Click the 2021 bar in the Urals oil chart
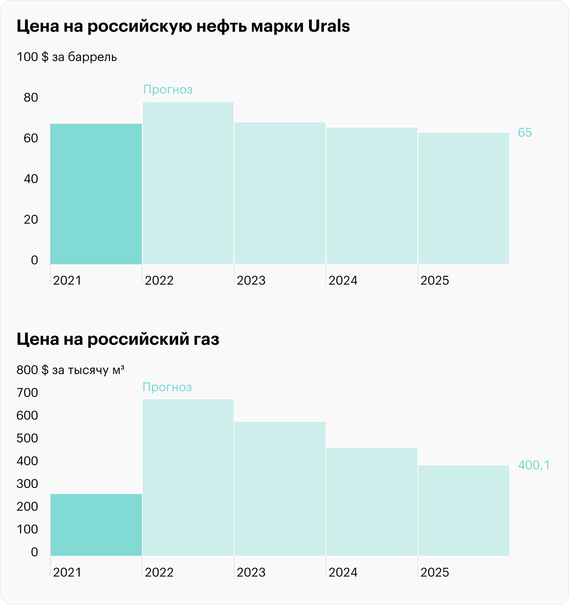tap(96, 194)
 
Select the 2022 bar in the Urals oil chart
tap(188, 183)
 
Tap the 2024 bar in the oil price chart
tap(371, 196)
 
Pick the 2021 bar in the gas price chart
tap(96, 524)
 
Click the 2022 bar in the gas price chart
tap(188, 477)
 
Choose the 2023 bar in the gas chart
tap(280, 488)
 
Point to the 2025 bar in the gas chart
tap(463, 510)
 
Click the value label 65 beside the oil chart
tap(525, 133)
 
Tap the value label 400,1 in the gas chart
tap(534, 465)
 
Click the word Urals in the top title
tap(329, 26)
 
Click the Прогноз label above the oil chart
tap(168, 89)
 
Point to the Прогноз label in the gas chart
tap(167, 387)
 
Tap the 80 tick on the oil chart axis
tap(31, 98)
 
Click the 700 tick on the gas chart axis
tap(28, 392)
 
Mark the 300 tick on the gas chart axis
tap(28, 483)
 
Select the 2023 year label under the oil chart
tap(251, 281)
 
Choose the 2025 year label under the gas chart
tap(435, 572)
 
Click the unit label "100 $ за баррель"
tap(67, 57)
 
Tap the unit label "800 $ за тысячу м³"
tap(70, 370)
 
